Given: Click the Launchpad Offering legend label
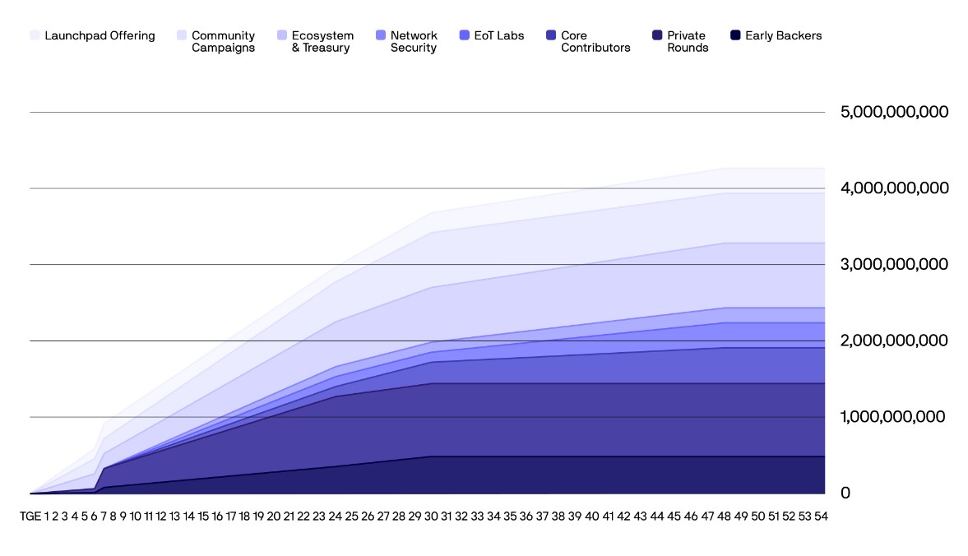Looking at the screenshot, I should [x=100, y=35].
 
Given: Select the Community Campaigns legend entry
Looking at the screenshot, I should [x=223, y=41].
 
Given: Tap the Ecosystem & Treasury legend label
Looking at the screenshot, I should [x=322, y=41].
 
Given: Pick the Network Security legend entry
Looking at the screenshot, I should [x=414, y=41].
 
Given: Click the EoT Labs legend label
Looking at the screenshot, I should [x=499, y=35].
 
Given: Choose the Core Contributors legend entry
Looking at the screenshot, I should [x=595, y=41].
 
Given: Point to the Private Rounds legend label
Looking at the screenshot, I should [x=688, y=41].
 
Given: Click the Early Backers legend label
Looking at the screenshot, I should [x=783, y=35].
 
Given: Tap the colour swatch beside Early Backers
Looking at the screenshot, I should [x=736, y=35].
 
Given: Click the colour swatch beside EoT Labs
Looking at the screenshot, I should [x=465, y=35].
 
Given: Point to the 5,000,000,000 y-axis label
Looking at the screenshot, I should [x=894, y=112].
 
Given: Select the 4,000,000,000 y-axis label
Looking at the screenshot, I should [x=894, y=188].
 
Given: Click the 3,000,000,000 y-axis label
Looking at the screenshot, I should [x=894, y=264].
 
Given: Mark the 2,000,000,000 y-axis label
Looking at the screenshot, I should [x=894, y=341].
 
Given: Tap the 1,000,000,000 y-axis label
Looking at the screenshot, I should [x=894, y=417].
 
